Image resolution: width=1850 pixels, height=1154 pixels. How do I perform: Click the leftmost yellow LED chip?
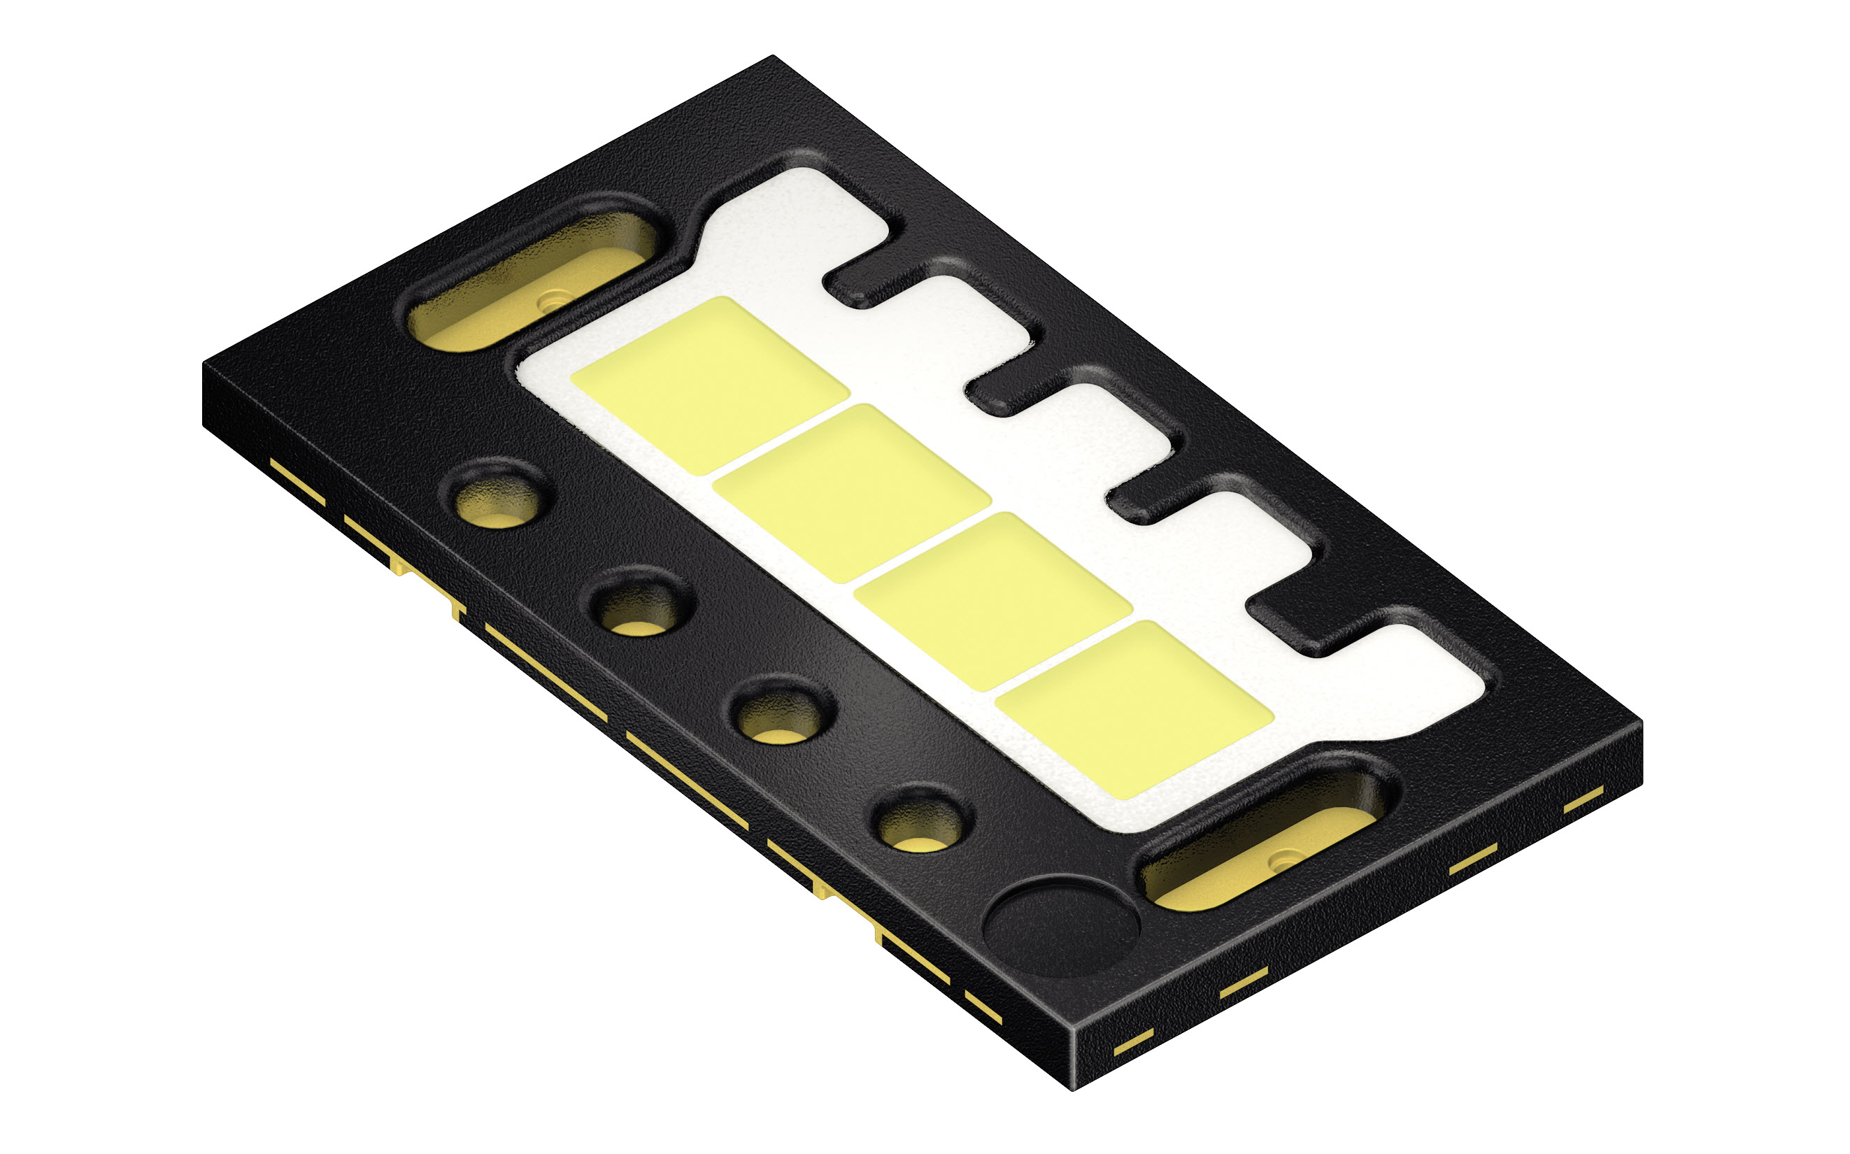[710, 385]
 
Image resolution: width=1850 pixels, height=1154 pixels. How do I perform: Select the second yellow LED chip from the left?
[851, 492]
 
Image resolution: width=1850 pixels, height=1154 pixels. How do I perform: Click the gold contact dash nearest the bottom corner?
[1132, 1043]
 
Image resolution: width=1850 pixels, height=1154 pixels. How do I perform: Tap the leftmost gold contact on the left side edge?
[298, 481]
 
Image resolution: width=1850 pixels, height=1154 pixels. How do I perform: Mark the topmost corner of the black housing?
[772, 57]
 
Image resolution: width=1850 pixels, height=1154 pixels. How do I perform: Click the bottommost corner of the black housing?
[1074, 1087]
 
